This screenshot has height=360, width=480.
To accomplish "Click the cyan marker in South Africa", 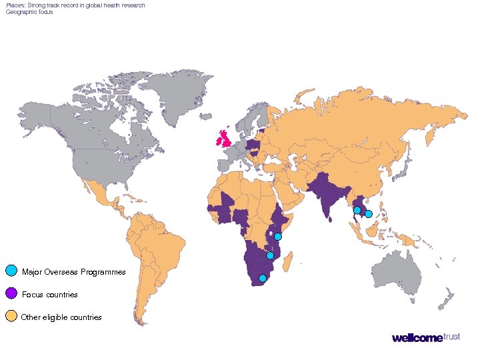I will pos(263,278).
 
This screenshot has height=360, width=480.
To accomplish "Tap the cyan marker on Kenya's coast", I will pos(278,237).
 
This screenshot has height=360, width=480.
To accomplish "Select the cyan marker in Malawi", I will pos(270,255).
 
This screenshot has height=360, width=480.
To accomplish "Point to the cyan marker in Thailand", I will pos(357,210).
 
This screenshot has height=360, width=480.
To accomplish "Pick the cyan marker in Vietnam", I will pos(368,214).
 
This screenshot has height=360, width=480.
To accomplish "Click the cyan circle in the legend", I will pos(11,271).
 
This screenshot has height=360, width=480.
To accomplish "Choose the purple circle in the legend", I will pos(11,293).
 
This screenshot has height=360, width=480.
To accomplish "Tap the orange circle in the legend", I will pos(11,316).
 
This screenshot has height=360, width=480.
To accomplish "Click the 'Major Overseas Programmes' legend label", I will pos(73,272).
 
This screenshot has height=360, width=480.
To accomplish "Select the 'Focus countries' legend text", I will pos(50,295).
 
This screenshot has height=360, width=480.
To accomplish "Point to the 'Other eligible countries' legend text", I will pos(61,317).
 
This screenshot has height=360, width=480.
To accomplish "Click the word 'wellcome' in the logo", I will pos(417,338).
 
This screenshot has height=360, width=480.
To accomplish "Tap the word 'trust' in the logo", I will pos(451,337).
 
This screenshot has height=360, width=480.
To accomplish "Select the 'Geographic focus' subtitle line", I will pos(29,12).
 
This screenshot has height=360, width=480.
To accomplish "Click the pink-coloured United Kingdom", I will pos(224,141).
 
